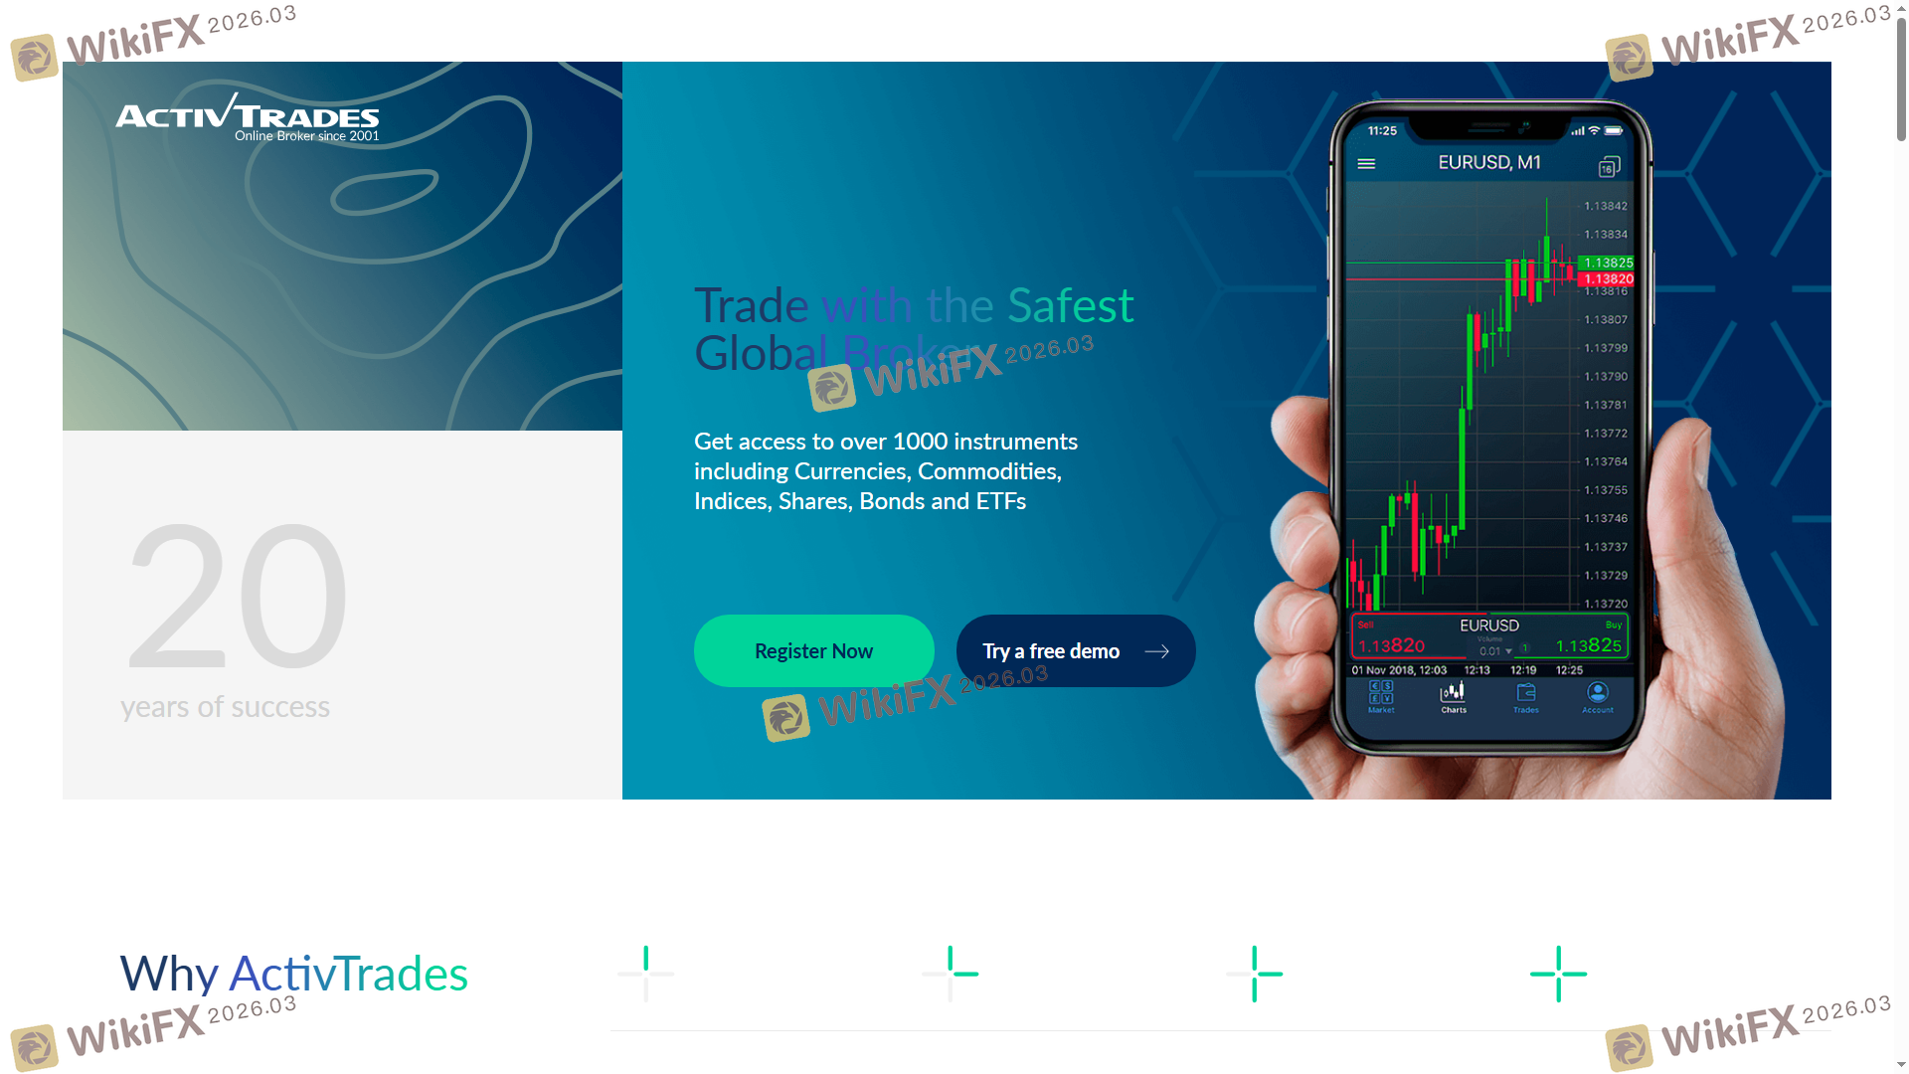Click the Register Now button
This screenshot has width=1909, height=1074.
point(813,651)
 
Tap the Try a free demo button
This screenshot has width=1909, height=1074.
point(1075,651)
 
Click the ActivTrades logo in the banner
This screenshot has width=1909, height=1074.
point(248,118)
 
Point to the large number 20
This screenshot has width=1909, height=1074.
point(238,596)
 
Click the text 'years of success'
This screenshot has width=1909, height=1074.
point(225,707)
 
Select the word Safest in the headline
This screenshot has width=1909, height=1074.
point(1070,305)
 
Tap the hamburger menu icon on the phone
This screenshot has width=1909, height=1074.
point(1366,164)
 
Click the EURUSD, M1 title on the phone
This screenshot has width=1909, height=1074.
point(1488,162)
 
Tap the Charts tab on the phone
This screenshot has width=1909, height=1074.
point(1454,697)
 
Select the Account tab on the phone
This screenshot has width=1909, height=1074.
point(1598,697)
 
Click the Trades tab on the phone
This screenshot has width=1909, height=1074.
point(1526,697)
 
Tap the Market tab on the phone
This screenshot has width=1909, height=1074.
point(1381,697)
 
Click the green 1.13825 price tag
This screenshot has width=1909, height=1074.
point(1607,263)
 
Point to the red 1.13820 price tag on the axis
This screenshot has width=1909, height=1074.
point(1607,279)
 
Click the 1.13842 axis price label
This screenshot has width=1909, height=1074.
point(1606,206)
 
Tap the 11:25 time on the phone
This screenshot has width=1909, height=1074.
point(1382,131)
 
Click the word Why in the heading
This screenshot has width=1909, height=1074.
point(169,974)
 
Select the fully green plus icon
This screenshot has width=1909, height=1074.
point(1558,974)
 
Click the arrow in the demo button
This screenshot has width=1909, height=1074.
point(1156,651)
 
